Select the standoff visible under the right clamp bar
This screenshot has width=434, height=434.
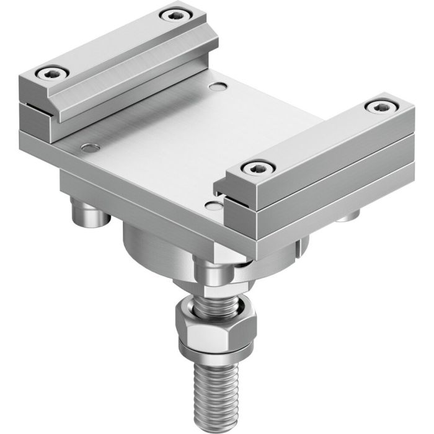349,217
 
